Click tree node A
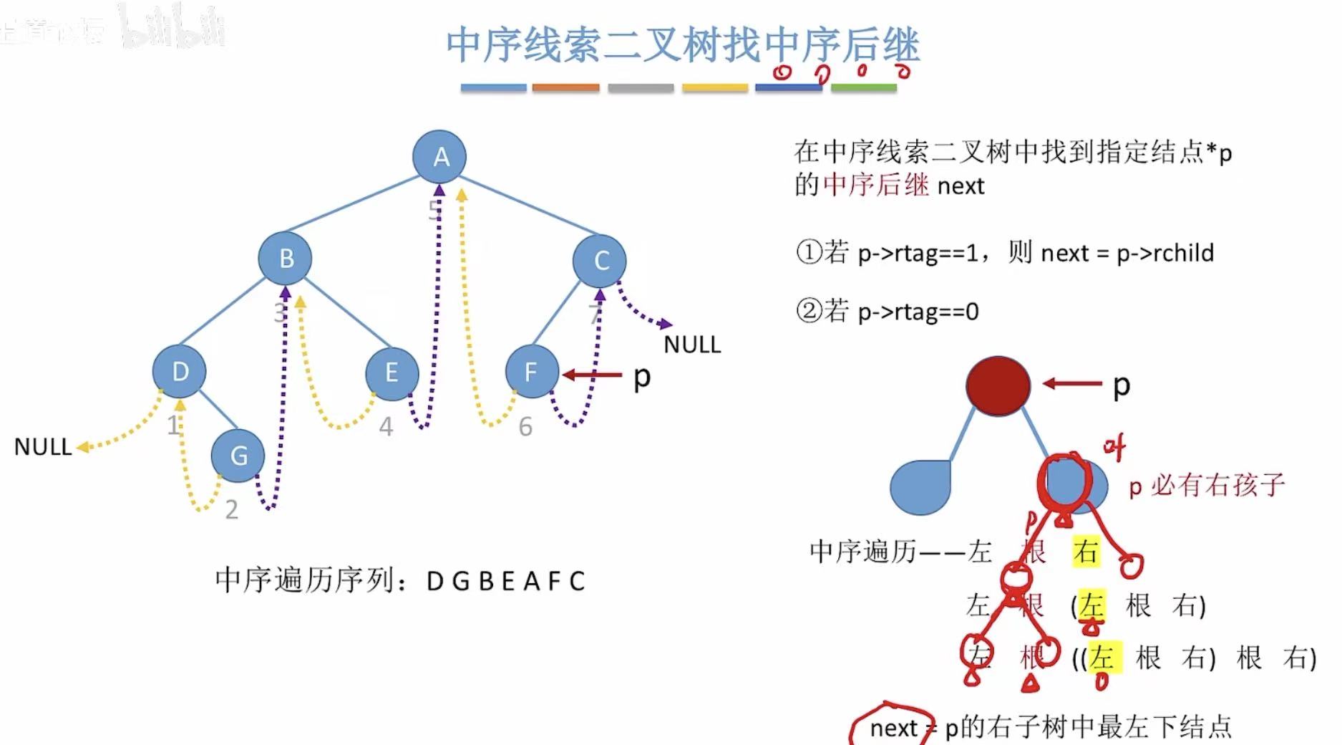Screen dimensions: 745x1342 439,156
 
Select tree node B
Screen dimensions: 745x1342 285,258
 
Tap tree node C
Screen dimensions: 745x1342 600,261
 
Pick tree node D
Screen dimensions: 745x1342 179,371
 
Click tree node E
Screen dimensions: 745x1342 392,372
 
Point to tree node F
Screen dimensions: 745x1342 531,372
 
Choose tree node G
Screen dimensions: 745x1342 238,456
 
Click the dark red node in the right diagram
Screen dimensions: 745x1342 998,385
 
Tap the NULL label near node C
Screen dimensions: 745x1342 691,345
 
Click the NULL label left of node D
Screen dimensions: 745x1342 43,447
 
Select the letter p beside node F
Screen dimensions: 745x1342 642,378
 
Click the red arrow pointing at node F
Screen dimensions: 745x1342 592,374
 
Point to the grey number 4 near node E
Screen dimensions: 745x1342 386,427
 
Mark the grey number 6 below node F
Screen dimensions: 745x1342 525,427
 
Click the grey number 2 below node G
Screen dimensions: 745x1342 231,509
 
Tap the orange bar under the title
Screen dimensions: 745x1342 565,88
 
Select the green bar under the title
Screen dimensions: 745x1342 863,88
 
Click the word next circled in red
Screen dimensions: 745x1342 893,728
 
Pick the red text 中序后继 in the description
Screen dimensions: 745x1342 875,185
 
